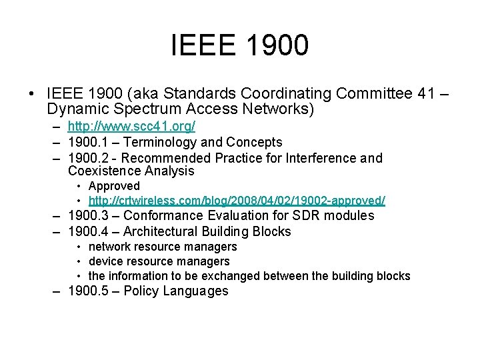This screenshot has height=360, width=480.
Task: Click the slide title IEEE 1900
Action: click(x=240, y=45)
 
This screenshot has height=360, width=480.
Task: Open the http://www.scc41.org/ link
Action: click(x=131, y=126)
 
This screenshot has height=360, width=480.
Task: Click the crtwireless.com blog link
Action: click(x=237, y=200)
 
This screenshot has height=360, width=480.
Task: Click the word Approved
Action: click(x=114, y=186)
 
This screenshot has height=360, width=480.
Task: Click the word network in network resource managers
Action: click(x=111, y=247)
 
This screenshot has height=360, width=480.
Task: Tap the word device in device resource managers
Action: click(x=105, y=261)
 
